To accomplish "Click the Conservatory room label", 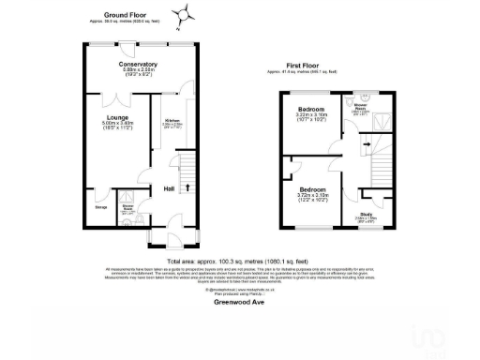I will point(131,64).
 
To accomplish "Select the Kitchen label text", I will point(172,121).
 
